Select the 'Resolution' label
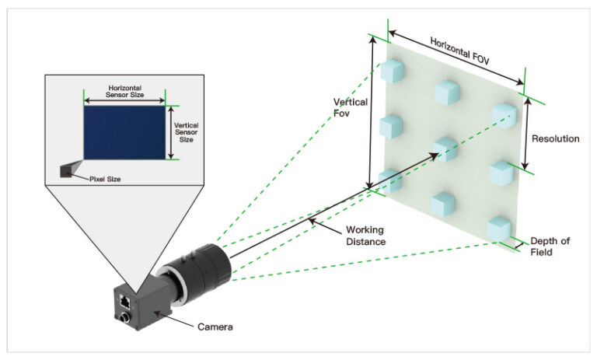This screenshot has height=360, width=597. [x=556, y=138]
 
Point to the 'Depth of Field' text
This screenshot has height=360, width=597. [x=550, y=246]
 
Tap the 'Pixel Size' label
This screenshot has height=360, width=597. [x=104, y=178]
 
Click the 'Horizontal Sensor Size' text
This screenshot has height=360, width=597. [x=125, y=90]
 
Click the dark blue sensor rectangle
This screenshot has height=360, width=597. [x=124, y=132]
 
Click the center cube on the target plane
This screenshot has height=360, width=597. [x=444, y=148]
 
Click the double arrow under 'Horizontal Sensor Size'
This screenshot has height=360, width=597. [x=125, y=100]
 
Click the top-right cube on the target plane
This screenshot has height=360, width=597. [x=503, y=114]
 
